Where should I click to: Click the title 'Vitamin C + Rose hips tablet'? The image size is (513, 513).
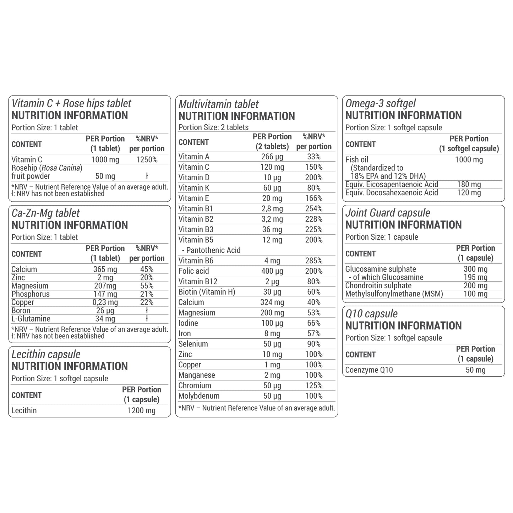click(71, 103)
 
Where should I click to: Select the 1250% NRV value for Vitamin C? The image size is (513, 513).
click(147, 160)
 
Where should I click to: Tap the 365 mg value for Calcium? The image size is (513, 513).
click(105, 269)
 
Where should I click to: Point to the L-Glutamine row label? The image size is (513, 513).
click(31, 319)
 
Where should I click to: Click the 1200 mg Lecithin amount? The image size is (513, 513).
click(142, 411)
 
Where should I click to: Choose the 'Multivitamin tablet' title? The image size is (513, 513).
click(218, 104)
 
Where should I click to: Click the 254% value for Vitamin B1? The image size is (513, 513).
click(314, 209)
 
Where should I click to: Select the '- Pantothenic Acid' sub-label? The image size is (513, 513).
click(213, 250)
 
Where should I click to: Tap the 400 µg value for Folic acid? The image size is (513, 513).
click(272, 271)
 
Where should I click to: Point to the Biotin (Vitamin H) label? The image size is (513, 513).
click(207, 292)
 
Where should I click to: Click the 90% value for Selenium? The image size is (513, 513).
click(314, 344)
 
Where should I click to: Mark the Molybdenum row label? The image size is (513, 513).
click(199, 396)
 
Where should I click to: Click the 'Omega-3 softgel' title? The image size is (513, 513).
click(380, 103)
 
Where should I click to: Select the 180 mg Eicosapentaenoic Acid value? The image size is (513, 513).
click(469, 184)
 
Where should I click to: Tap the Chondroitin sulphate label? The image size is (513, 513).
click(378, 286)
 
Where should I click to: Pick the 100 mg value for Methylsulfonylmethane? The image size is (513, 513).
click(475, 294)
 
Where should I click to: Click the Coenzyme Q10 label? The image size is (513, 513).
click(369, 370)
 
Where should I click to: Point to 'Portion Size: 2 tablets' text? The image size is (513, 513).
click(213, 127)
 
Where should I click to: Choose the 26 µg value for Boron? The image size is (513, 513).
click(105, 311)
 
